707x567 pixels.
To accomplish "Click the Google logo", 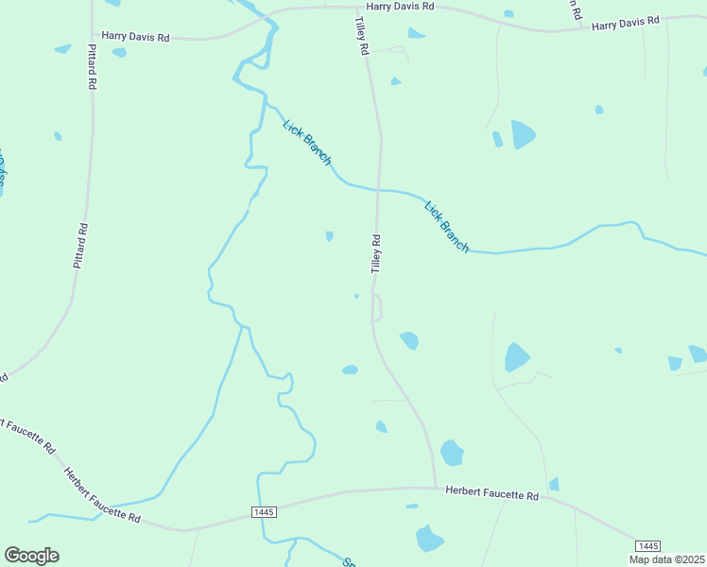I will click(31, 556).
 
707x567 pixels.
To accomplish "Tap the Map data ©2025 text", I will click(665, 559).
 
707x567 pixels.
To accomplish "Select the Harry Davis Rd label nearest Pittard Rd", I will click(135, 37).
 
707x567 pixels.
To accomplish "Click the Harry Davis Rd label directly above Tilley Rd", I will click(400, 7).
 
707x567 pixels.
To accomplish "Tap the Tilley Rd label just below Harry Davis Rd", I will click(360, 35).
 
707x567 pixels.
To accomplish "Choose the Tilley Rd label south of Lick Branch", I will click(375, 253).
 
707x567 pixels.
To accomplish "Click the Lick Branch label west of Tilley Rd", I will click(307, 143).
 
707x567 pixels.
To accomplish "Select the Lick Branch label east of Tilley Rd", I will click(446, 227).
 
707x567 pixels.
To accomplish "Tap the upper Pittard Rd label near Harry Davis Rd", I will click(93, 66).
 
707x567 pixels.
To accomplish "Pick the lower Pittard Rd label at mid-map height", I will click(81, 245).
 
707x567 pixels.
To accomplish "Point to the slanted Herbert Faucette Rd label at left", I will click(102, 494).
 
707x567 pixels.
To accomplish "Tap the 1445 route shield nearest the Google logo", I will click(264, 511).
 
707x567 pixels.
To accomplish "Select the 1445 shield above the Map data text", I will click(647, 546).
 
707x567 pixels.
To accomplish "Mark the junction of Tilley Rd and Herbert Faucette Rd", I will click(436, 488).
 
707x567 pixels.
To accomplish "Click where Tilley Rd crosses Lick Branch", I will click(378, 189).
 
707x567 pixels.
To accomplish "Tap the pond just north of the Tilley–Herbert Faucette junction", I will click(453, 454).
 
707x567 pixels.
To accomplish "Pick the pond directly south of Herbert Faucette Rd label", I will click(430, 538).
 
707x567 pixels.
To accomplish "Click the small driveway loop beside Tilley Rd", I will click(377, 308).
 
